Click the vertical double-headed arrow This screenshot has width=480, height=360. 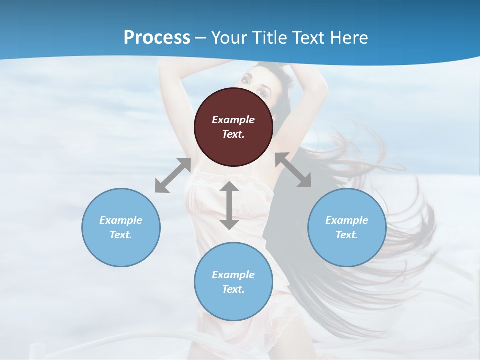coord(229,205)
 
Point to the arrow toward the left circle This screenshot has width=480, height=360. coord(173,175)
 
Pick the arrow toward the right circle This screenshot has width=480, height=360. coord(293,170)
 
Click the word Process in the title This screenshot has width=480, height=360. coord(157,37)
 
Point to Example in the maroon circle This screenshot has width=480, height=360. coord(233,120)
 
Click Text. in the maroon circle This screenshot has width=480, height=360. coord(233,134)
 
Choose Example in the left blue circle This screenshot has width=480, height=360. coord(121,220)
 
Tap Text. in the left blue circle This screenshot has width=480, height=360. coord(121,235)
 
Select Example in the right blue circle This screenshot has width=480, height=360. coord(347,220)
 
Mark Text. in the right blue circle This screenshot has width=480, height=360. coord(347,235)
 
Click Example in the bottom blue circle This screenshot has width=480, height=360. coord(233,275)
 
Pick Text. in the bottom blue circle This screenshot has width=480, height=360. coord(233,289)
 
